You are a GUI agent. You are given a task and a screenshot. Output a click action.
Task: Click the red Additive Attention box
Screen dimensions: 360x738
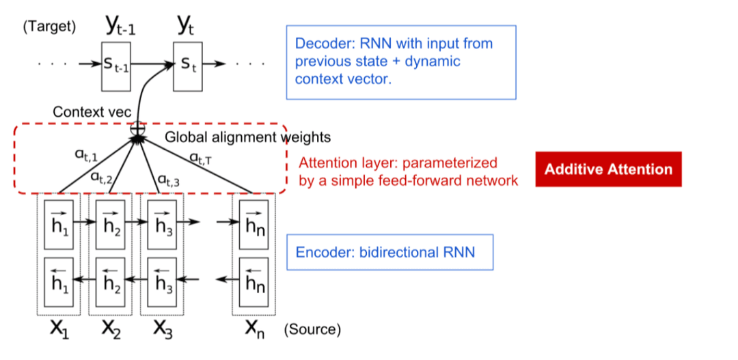point(608,169)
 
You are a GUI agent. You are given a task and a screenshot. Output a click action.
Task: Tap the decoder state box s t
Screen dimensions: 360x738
point(187,66)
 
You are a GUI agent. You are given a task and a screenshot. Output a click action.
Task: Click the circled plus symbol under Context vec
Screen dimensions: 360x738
point(139,127)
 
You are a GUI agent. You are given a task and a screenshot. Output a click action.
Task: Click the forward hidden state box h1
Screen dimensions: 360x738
point(59,222)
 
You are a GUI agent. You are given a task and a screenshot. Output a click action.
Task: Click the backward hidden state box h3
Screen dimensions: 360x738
point(161,279)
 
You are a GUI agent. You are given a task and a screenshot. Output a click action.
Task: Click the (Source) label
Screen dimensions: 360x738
point(312,330)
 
